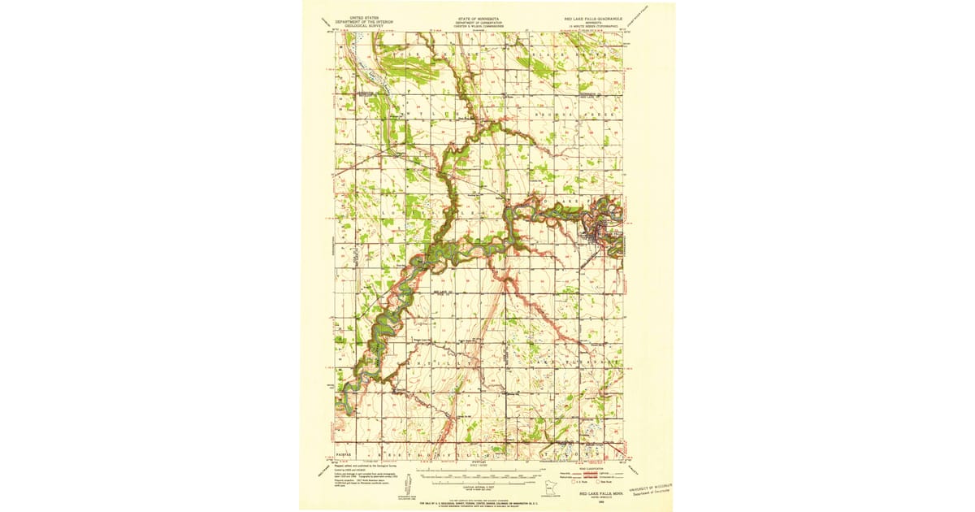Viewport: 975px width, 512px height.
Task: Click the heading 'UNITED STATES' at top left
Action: pyautogui.click(x=362, y=15)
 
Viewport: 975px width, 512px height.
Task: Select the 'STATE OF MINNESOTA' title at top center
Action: pyautogui.click(x=478, y=16)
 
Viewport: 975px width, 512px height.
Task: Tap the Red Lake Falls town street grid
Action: pyautogui.click(x=599, y=236)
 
